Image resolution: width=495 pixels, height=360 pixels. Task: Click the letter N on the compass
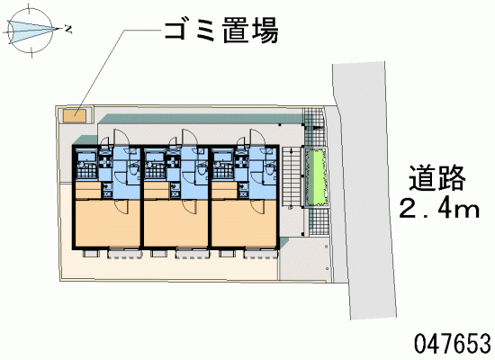(x=68, y=30)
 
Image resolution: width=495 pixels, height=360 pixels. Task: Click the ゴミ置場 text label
(x=221, y=30)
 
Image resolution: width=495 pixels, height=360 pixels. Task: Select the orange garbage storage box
(x=75, y=115)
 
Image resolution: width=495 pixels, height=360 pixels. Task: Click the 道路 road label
(x=437, y=178)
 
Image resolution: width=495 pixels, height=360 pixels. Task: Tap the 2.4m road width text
(x=439, y=209)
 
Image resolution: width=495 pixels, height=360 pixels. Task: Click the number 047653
(x=453, y=344)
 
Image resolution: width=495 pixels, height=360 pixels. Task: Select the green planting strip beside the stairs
(x=316, y=176)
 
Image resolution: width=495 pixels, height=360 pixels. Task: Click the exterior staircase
(x=292, y=176)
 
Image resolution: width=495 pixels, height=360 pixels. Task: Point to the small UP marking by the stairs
(x=291, y=208)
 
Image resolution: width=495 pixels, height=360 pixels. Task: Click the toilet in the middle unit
(x=201, y=168)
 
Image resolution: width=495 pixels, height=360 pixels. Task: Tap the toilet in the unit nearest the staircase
(x=271, y=168)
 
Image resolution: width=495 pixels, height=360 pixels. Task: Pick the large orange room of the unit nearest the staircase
(x=244, y=222)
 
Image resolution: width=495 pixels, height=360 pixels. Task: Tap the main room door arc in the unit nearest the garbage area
(x=121, y=207)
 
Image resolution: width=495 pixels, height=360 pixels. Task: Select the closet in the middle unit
(x=157, y=190)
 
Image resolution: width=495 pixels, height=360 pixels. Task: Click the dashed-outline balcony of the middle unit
(x=193, y=254)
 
